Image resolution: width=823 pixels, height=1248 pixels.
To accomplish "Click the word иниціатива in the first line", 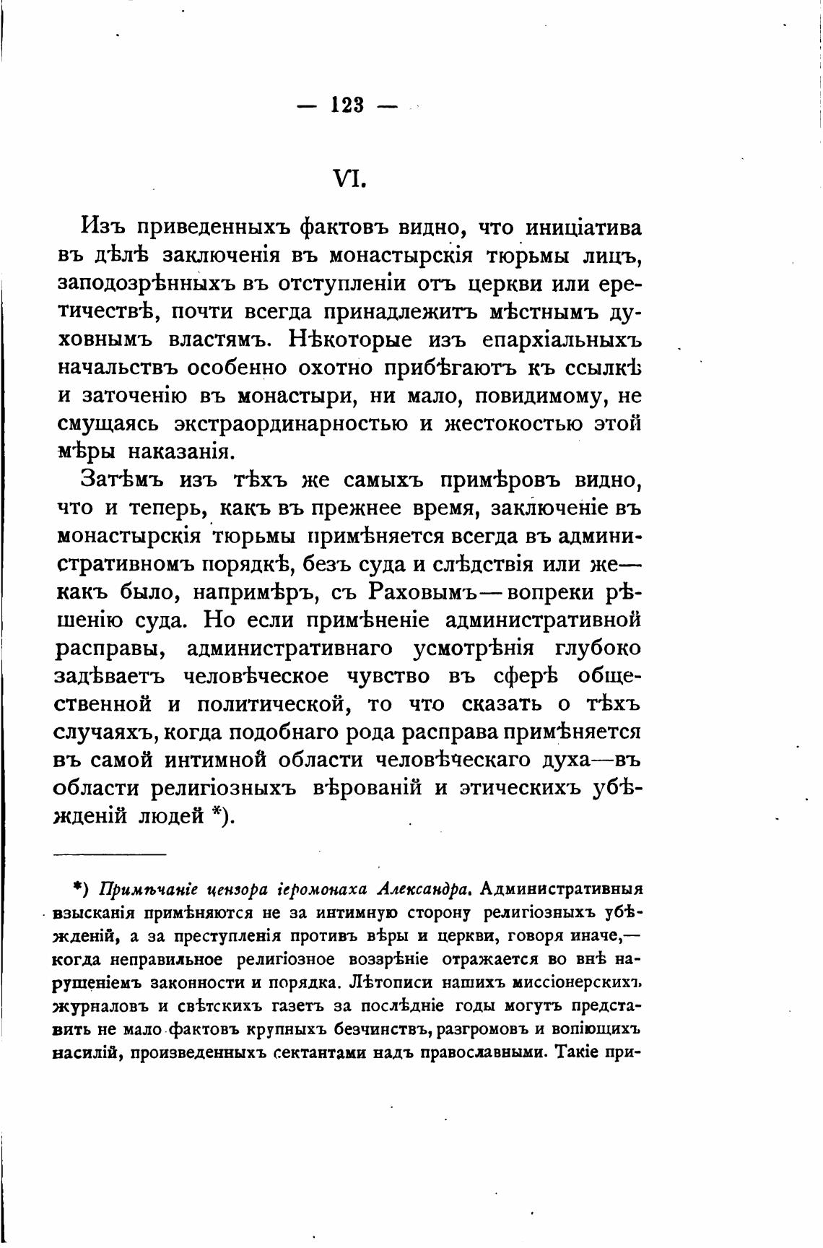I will (583, 228).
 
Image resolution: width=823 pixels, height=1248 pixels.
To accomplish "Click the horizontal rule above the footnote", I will (110, 854).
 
